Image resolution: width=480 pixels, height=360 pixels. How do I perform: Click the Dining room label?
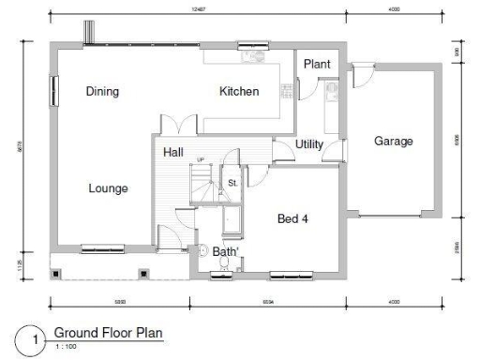pyautogui.click(x=103, y=92)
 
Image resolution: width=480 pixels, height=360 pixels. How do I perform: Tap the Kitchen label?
pyautogui.click(x=238, y=92)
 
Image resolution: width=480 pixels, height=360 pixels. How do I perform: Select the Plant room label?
pyautogui.click(x=316, y=64)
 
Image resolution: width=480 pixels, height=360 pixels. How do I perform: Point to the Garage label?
pyautogui.click(x=393, y=142)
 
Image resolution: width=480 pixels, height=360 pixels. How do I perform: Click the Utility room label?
pyautogui.click(x=309, y=144)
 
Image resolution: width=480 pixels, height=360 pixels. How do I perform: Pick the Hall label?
pyautogui.click(x=173, y=152)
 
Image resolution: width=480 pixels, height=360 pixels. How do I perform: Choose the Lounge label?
pyautogui.click(x=108, y=188)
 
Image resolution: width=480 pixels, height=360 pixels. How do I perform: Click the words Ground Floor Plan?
pyautogui.click(x=108, y=333)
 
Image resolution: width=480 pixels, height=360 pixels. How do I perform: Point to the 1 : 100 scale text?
pyautogui.click(x=65, y=347)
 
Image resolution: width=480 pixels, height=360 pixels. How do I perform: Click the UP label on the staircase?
pyautogui.click(x=199, y=160)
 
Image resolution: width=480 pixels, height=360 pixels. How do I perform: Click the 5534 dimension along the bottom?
pyautogui.click(x=268, y=302)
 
